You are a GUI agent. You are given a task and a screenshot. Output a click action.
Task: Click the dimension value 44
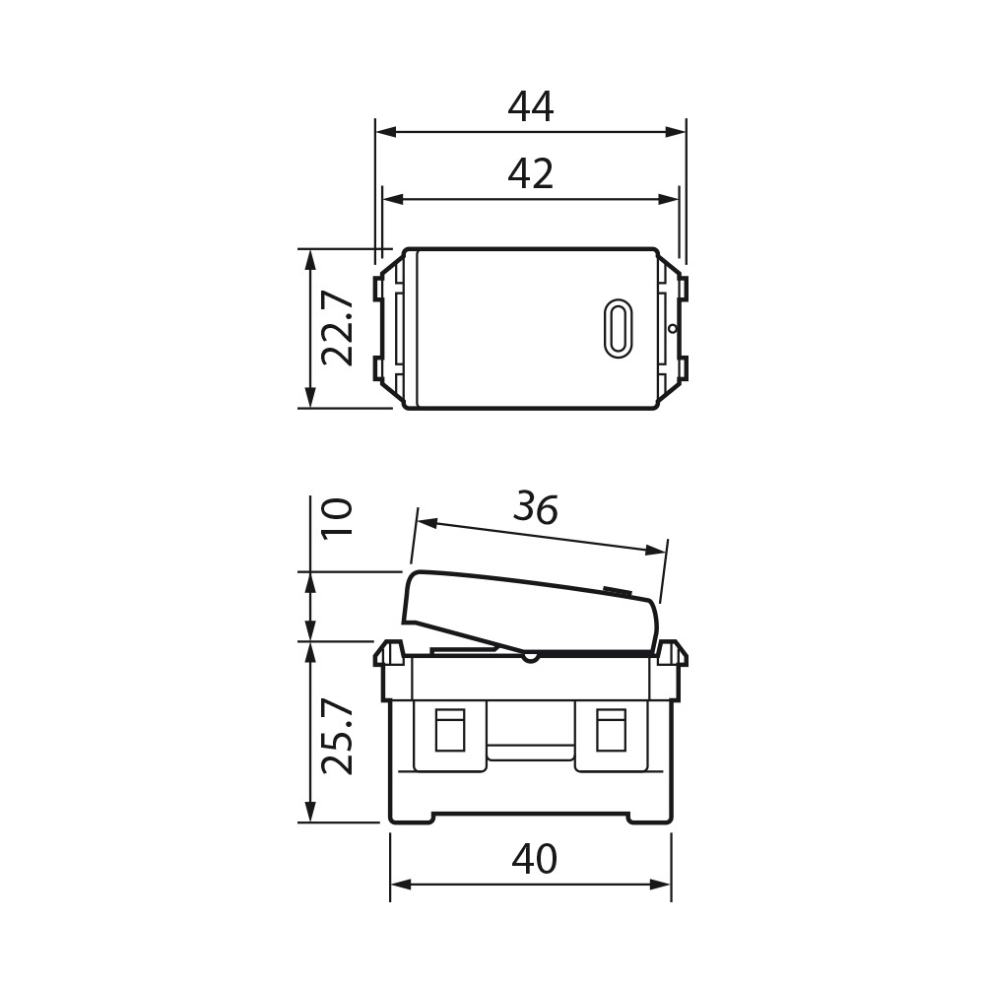(x=531, y=107)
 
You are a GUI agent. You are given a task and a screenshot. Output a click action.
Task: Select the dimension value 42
(x=531, y=174)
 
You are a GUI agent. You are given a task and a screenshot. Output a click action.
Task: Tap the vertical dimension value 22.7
(x=337, y=328)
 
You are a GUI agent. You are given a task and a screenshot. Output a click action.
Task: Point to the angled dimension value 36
(x=536, y=508)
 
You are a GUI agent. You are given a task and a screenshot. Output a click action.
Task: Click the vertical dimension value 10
(x=337, y=516)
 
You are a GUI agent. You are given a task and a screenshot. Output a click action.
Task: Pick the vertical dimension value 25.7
(x=337, y=737)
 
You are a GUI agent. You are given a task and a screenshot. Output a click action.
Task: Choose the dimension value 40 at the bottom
(x=534, y=860)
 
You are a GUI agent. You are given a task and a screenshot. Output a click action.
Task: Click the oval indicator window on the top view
(x=618, y=328)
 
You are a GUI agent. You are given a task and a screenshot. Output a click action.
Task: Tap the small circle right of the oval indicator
(x=672, y=328)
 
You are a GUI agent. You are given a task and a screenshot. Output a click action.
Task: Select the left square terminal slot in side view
(x=449, y=730)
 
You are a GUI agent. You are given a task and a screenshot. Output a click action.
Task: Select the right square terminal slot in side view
(x=611, y=730)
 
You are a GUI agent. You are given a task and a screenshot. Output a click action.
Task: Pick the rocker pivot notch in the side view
(x=530, y=655)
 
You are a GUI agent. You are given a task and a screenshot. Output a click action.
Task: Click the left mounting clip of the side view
(x=389, y=654)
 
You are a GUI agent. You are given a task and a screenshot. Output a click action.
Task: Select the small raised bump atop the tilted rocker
(x=617, y=592)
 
